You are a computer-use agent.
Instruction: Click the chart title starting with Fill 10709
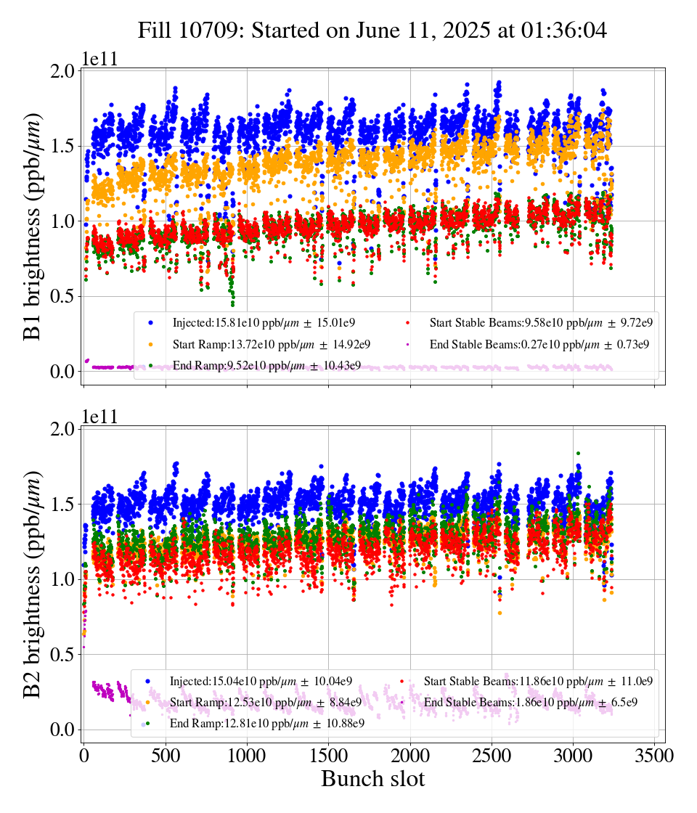(x=372, y=30)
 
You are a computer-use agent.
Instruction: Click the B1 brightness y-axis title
(x=32, y=226)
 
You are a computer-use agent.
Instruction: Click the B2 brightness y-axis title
(x=32, y=585)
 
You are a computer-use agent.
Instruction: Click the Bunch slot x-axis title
(x=373, y=779)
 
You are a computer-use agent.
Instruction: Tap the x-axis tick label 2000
(x=410, y=756)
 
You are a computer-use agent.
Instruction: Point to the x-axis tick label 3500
(x=654, y=756)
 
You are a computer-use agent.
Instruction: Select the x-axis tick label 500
(x=166, y=756)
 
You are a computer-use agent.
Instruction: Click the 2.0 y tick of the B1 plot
(x=63, y=70)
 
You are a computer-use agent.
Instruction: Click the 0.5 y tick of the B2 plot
(x=63, y=654)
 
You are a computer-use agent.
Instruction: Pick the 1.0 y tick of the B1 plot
(x=63, y=221)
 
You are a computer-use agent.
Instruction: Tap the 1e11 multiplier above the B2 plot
(x=100, y=417)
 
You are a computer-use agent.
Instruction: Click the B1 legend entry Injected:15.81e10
(x=264, y=322)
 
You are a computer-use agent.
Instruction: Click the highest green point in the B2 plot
(x=578, y=453)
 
